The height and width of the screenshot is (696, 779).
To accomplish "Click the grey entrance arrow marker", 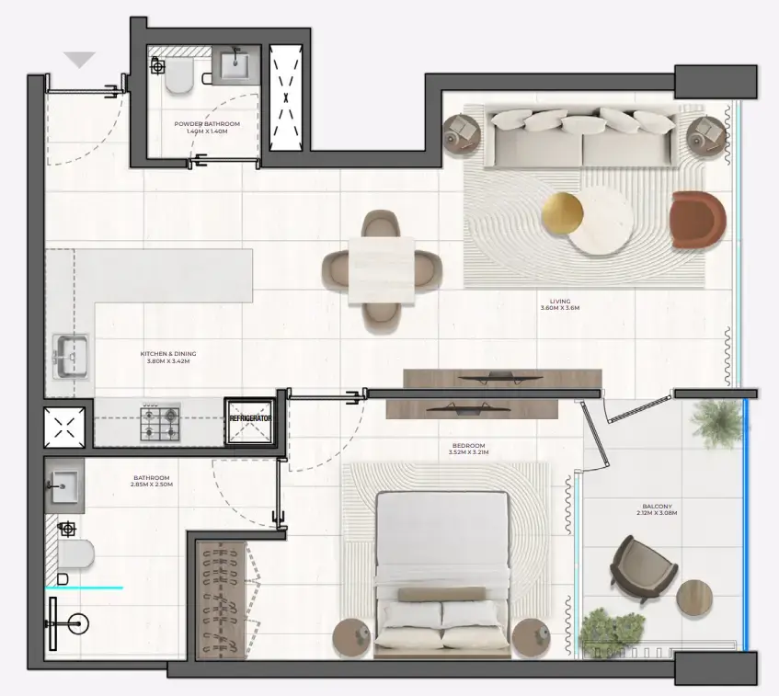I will (x=80, y=60).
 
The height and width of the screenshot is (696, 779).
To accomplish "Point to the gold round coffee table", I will (x=562, y=214).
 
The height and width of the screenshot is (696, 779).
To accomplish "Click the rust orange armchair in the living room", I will (x=697, y=220).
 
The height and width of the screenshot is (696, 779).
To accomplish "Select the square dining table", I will (x=382, y=268).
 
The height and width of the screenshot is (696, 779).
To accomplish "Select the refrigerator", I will (x=251, y=419).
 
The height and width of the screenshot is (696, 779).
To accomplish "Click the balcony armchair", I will (x=644, y=565).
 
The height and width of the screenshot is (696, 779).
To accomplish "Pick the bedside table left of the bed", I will (x=352, y=636).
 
